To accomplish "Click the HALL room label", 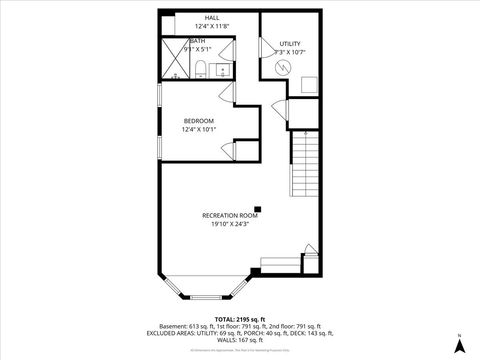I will [212, 18].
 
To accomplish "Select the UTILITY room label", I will [290, 42].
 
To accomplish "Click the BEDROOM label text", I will [198, 121].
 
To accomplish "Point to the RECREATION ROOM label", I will [230, 216].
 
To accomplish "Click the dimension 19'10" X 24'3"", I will [230, 225].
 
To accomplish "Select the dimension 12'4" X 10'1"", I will [198, 130].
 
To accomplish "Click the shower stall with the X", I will [177, 61].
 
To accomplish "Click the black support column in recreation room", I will [257, 206].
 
